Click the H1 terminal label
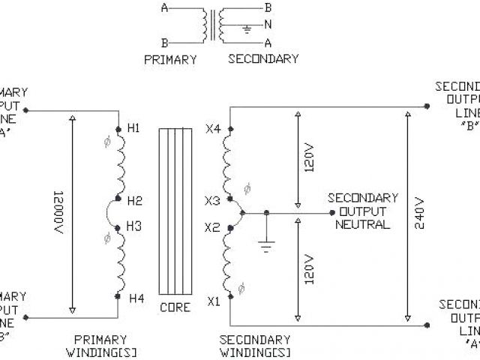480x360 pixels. pos(134,128)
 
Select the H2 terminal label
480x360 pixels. pos(134,201)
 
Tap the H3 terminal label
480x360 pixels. pos(134,225)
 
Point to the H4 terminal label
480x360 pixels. pos(136,298)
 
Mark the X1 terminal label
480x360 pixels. pos(214,302)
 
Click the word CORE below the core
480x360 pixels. pos(175,308)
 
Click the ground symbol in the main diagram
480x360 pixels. pos(265,244)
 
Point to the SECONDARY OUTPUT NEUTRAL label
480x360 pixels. pos(362,211)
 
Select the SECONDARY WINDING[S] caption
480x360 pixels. pos(255,346)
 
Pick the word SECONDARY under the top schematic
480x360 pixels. pos(262,59)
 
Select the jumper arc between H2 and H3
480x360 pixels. pos(111,214)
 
